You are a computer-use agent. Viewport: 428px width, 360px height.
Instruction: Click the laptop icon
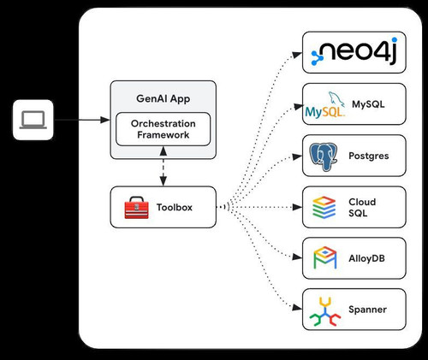(x=33, y=120)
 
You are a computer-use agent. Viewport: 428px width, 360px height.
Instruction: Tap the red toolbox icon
(x=136, y=208)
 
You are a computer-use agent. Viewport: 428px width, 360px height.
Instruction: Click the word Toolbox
(x=175, y=207)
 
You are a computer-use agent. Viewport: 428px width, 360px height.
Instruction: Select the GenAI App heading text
(x=163, y=98)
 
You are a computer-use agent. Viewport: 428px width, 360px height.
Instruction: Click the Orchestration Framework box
(x=163, y=129)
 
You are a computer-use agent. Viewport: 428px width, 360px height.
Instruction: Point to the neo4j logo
(x=354, y=51)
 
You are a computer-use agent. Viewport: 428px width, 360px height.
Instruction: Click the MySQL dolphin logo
(x=325, y=105)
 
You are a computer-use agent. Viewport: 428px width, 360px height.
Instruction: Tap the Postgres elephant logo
(x=324, y=156)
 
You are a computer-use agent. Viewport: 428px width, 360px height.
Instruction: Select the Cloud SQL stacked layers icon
(x=324, y=208)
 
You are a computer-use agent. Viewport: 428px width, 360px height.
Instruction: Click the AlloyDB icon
(x=325, y=258)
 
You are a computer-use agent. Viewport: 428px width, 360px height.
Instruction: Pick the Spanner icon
(x=325, y=311)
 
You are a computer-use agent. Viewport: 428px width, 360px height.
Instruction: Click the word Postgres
(x=369, y=156)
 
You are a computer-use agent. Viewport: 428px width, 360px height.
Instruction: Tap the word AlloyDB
(x=366, y=258)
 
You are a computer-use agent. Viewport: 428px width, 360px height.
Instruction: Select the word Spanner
(x=367, y=310)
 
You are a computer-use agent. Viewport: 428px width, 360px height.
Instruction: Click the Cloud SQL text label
(x=362, y=208)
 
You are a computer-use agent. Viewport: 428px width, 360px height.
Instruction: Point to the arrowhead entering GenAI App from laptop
(x=105, y=120)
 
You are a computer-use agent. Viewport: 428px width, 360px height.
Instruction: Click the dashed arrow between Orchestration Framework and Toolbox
(x=163, y=167)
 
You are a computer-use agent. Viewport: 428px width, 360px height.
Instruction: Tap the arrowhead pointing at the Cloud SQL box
(x=298, y=207)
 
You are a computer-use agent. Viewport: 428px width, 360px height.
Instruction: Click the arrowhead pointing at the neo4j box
(x=297, y=55)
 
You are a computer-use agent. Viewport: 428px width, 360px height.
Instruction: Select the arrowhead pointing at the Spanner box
(x=297, y=307)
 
